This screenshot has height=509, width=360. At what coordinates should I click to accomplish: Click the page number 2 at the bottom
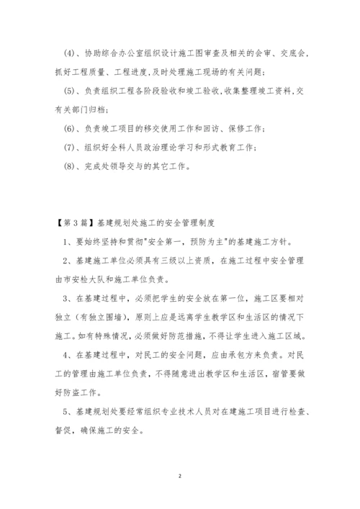click(180, 476)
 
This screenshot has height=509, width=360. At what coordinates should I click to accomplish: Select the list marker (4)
click(69, 53)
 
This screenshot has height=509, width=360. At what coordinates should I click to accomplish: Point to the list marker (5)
click(69, 91)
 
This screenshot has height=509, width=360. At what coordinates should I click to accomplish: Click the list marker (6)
click(69, 128)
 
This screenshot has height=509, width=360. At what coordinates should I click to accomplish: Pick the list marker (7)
click(69, 147)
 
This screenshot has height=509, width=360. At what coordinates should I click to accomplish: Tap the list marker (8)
click(69, 166)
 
